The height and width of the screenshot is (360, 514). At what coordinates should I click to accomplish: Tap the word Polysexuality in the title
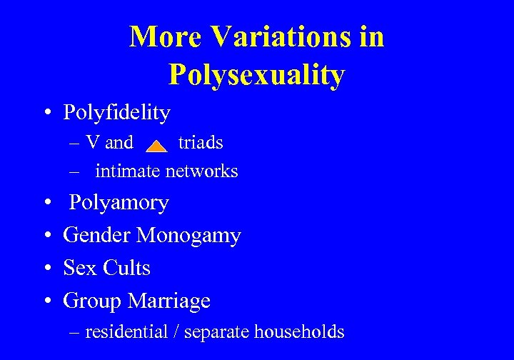point(257,74)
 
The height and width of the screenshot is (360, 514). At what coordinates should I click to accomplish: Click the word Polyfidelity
point(116,112)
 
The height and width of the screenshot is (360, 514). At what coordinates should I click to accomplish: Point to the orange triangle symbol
point(156,146)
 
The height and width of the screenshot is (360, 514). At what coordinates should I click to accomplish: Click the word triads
point(201,143)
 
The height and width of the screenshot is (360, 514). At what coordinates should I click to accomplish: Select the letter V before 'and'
point(92,143)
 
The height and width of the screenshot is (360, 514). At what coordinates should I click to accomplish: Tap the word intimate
point(128,171)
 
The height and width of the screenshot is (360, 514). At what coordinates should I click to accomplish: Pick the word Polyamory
point(119,203)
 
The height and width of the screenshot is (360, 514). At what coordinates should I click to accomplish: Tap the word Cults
point(126,268)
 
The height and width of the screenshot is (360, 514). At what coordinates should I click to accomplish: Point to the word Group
point(92,301)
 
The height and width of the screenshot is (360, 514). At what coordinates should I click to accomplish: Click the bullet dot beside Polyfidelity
point(46,113)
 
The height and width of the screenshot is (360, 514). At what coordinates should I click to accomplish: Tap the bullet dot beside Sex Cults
point(46,269)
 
